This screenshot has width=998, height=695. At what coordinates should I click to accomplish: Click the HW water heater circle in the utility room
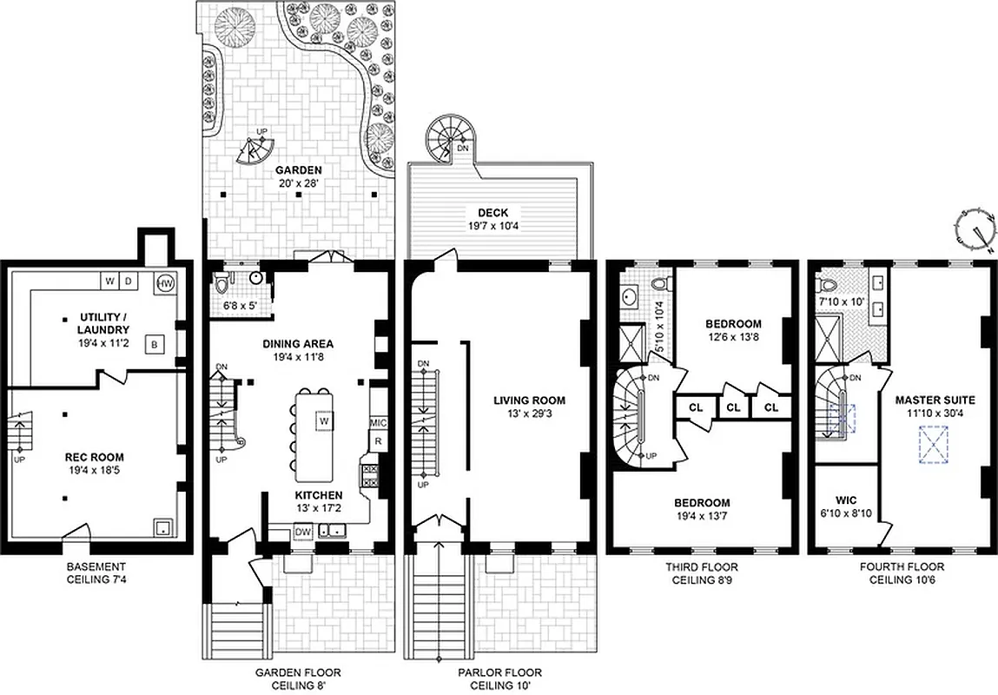(x=166, y=282)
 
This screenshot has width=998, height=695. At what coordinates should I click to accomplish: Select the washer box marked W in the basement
(x=110, y=281)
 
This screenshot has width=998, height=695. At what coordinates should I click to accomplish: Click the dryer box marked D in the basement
(x=129, y=281)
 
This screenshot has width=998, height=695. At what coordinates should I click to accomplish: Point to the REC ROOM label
(x=95, y=457)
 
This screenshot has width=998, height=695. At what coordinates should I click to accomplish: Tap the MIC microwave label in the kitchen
(x=378, y=422)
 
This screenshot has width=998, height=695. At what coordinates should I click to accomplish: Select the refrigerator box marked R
(x=378, y=441)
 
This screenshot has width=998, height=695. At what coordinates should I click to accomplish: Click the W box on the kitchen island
(x=322, y=420)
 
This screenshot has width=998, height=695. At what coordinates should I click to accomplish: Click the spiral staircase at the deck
(x=449, y=139)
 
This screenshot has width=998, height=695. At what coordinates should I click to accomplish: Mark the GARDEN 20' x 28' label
(x=299, y=176)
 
